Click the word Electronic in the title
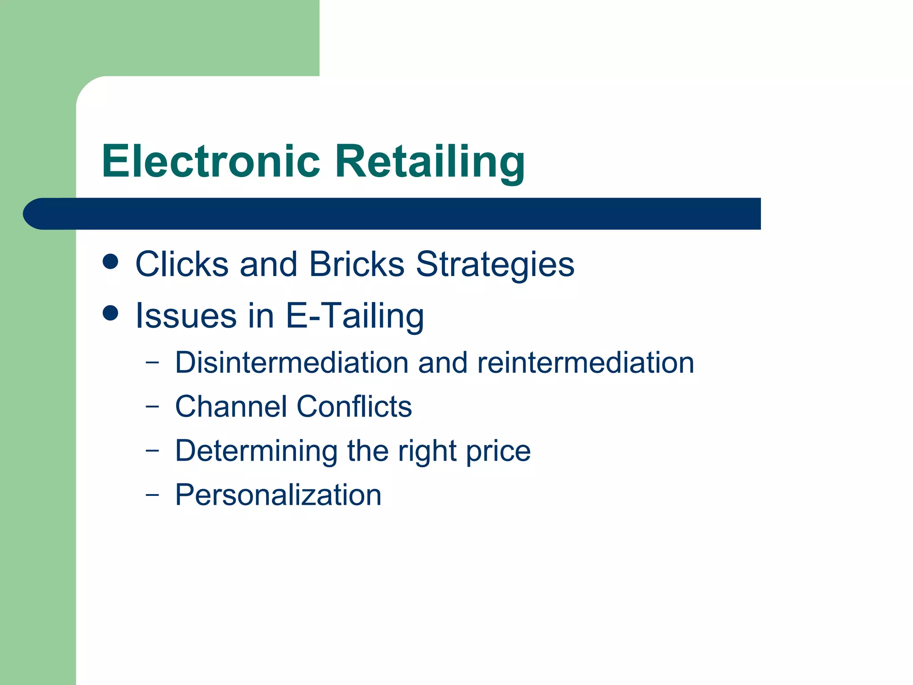coord(211,161)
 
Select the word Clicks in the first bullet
coord(182,264)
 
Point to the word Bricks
coord(357,264)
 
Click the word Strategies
coord(495,264)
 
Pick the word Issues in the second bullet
coord(186,316)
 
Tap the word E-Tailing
coord(354,316)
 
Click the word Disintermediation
coord(292,362)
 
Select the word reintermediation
coord(585,362)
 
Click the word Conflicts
coord(354,406)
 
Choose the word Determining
coord(256,450)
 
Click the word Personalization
coord(278,495)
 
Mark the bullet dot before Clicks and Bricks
coord(110,262)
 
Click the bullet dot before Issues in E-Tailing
coord(110,313)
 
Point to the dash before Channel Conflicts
coord(152,406)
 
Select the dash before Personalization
coord(152,495)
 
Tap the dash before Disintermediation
coord(152,362)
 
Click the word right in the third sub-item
coord(427,450)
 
